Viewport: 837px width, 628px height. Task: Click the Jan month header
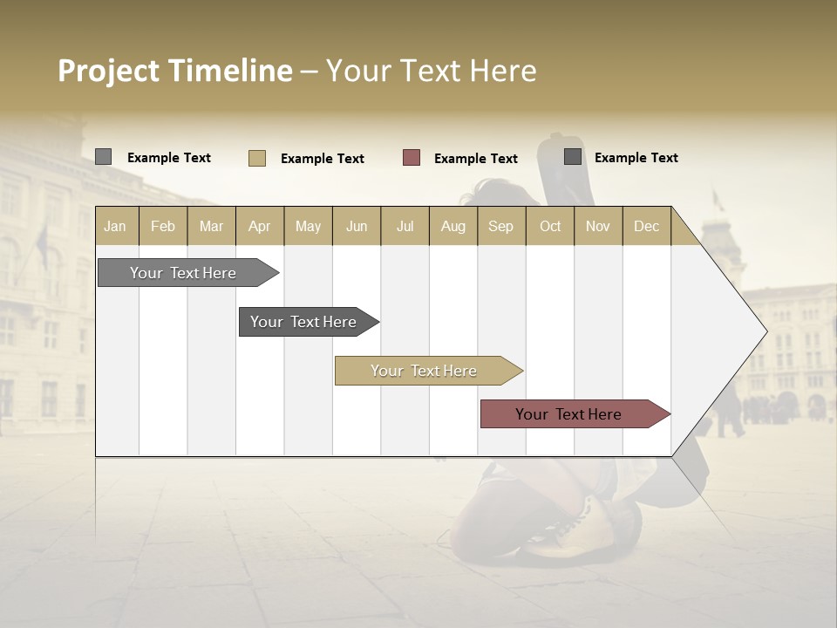tap(115, 226)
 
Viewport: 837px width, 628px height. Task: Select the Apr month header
tap(259, 226)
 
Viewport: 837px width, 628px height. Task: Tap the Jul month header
tap(405, 226)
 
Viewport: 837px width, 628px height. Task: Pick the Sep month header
tap(500, 226)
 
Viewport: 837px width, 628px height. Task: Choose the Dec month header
tap(646, 226)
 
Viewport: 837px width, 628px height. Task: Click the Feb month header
tap(163, 226)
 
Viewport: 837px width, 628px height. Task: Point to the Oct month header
tap(550, 226)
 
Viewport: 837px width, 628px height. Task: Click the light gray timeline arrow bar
tap(183, 273)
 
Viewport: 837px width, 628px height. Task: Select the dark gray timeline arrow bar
tap(303, 322)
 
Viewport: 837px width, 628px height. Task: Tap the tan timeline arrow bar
tap(424, 371)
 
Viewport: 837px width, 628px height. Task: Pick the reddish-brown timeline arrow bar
tap(568, 414)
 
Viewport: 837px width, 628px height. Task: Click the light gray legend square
tap(103, 157)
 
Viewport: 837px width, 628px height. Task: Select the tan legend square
tap(256, 158)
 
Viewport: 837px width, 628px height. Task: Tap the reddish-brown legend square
tap(412, 158)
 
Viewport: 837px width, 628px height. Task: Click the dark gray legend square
tap(573, 157)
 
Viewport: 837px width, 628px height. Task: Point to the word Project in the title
tap(107, 71)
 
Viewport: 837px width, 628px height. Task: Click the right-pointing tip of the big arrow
tap(762, 331)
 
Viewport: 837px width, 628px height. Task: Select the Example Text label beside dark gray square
tap(636, 157)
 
